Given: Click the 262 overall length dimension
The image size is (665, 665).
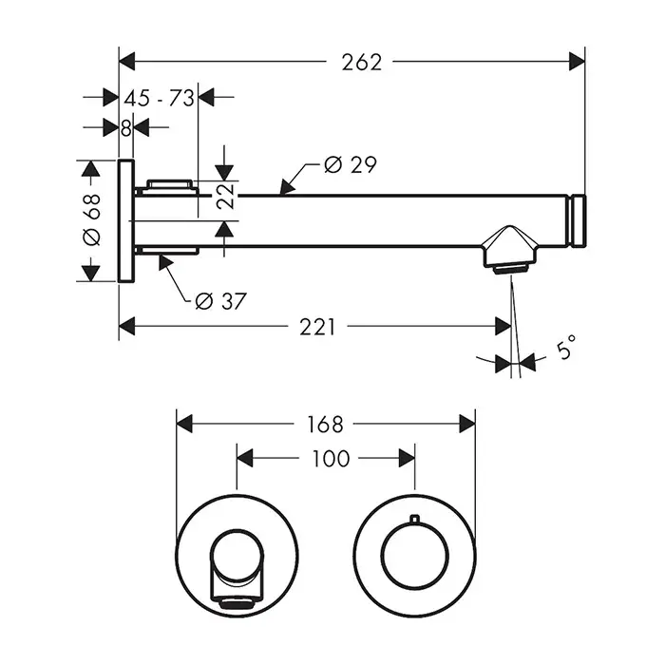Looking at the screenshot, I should click(x=361, y=62).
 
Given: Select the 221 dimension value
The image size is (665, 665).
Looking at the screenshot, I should click(x=317, y=327).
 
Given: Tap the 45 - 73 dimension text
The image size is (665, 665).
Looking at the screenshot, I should click(x=160, y=98).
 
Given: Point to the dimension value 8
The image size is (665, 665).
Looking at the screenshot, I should click(x=125, y=127).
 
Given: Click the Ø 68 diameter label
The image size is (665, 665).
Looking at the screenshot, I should click(x=91, y=219).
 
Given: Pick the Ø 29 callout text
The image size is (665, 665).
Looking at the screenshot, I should click(x=350, y=165).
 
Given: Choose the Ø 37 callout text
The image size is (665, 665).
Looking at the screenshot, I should click(x=220, y=301).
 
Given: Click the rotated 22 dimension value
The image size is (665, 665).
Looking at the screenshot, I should click(x=224, y=200).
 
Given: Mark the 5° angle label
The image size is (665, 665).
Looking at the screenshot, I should click(x=566, y=351).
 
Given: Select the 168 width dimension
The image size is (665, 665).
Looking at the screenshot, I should click(x=325, y=424).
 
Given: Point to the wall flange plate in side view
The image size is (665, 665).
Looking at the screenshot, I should click(x=125, y=220).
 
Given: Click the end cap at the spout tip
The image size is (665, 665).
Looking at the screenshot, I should click(x=578, y=220).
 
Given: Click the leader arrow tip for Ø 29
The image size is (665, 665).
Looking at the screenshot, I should click(x=281, y=193).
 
